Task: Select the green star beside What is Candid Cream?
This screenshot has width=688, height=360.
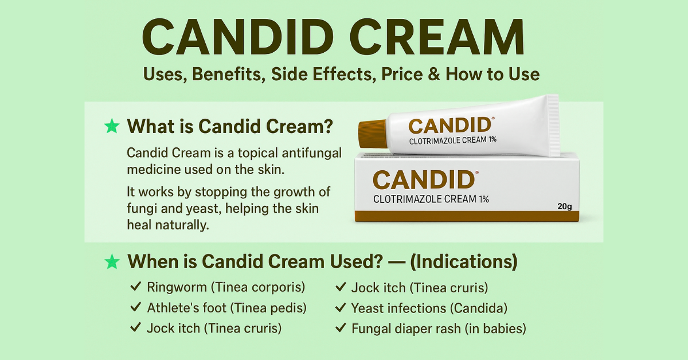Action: (x=112, y=127)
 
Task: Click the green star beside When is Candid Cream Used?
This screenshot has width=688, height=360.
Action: (x=112, y=262)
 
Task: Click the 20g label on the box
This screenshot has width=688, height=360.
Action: (x=565, y=206)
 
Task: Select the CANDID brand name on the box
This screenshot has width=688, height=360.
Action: (x=424, y=180)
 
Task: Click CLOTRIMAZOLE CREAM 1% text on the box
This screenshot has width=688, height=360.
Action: (x=431, y=199)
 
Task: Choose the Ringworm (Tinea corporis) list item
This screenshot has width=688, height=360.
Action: (x=226, y=287)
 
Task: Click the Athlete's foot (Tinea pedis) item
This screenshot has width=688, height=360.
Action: (x=226, y=308)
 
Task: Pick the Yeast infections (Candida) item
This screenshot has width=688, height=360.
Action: (x=429, y=308)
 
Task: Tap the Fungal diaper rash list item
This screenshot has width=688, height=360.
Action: (x=439, y=328)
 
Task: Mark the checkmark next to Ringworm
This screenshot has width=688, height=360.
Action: (x=136, y=287)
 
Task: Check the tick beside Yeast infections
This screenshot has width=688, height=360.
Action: (x=341, y=308)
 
